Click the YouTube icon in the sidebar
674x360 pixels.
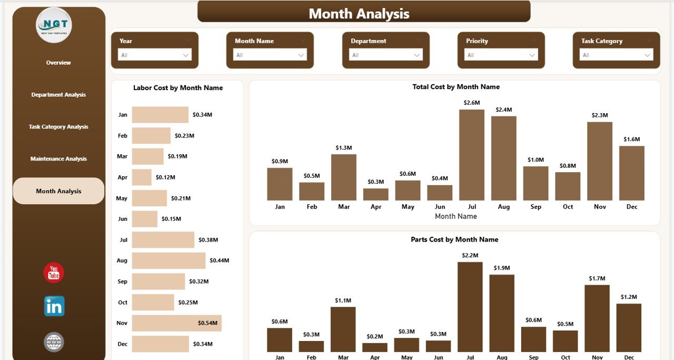[54, 273]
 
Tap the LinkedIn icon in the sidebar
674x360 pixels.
[54, 306]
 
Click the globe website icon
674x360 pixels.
[54, 342]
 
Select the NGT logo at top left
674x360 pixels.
[54, 25]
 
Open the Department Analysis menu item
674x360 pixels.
[58, 95]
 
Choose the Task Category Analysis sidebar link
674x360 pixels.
[58, 127]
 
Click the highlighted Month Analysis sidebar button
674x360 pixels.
[58, 191]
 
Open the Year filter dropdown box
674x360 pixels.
[154, 55]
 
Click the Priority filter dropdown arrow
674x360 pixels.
[532, 55]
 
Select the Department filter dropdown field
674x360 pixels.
[385, 55]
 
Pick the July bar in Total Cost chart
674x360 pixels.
[471, 155]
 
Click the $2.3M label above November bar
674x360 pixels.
[600, 115]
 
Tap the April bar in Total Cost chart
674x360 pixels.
[375, 194]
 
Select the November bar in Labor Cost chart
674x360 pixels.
[176, 323]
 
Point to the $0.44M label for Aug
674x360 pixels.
[219, 261]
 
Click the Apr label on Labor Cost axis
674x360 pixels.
[122, 177]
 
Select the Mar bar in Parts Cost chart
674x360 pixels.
[343, 329]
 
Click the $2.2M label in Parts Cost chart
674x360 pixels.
[470, 255]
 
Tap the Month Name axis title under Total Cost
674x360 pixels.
[455, 216]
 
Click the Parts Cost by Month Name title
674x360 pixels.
[454, 239]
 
